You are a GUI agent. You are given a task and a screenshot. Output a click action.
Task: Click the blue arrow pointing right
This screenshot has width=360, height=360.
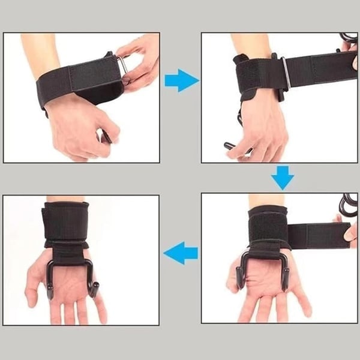coord(180,80)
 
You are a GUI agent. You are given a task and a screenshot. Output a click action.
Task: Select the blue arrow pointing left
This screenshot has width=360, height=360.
coord(181,254)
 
